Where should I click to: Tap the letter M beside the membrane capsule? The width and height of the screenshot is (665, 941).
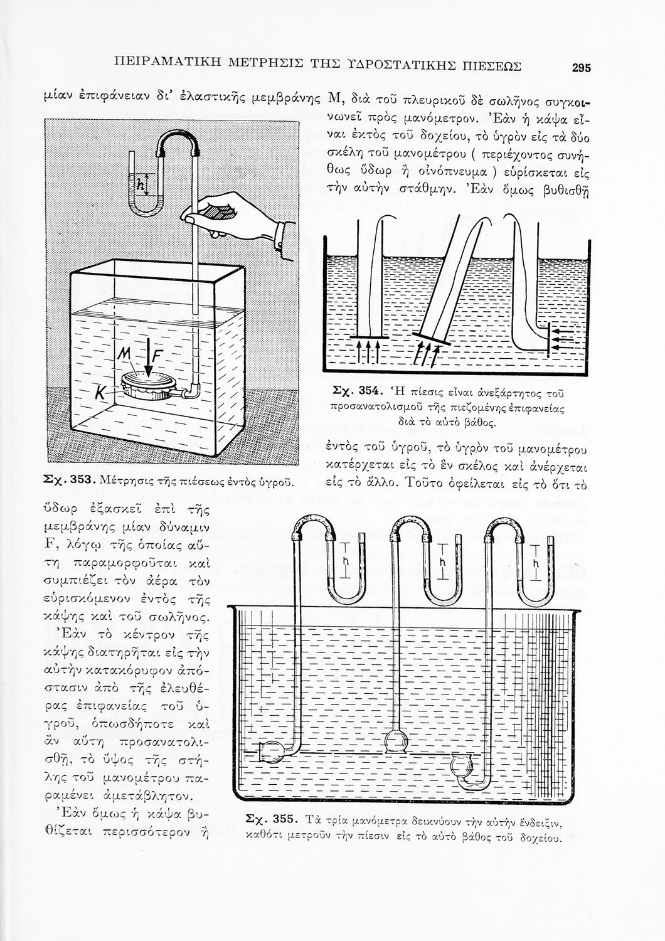pyautogui.click(x=124, y=359)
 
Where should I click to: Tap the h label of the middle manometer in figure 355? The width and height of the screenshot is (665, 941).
pyautogui.click(x=442, y=561)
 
